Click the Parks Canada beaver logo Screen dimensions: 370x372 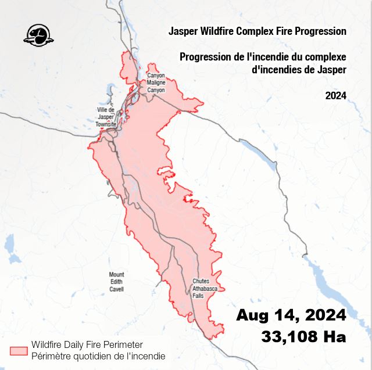38,34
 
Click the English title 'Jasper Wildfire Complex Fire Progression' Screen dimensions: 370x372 257,31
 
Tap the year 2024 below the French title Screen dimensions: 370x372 336,95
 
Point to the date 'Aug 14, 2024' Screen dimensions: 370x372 291,315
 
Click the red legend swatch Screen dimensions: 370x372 19,350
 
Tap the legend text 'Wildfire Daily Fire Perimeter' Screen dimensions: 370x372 87,345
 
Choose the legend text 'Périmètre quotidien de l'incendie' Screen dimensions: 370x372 98,355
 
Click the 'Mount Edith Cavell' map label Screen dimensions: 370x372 117,282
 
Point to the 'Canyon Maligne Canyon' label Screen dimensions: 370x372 156,83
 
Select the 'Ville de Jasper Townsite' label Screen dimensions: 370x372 106,117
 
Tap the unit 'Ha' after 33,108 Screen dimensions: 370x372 334,336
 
